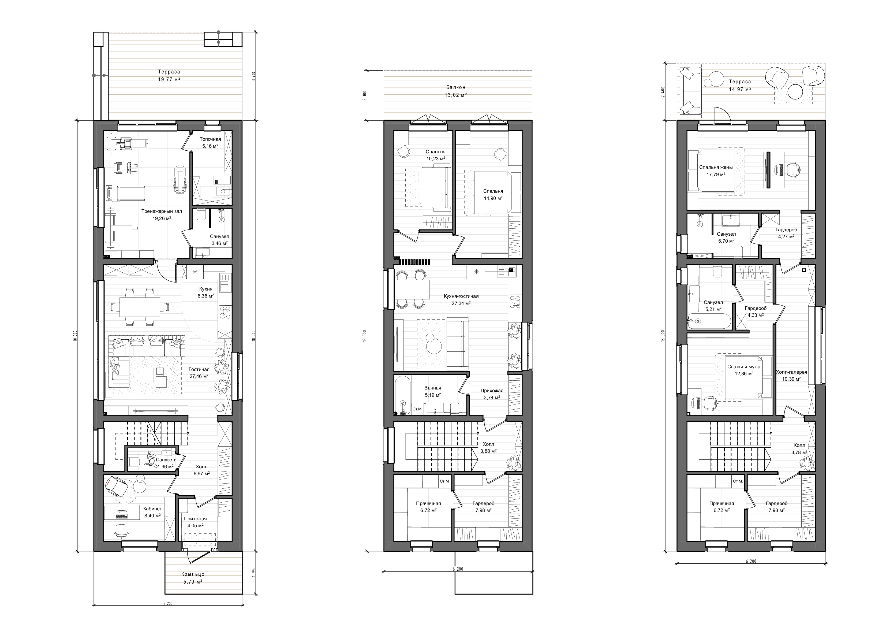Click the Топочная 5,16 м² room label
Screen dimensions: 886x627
coord(210,142)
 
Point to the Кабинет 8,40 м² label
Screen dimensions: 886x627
coord(152,512)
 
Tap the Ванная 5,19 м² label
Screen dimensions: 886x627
coord(433,391)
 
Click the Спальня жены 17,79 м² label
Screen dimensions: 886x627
coord(716,171)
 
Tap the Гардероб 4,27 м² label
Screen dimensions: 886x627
coord(786,233)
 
